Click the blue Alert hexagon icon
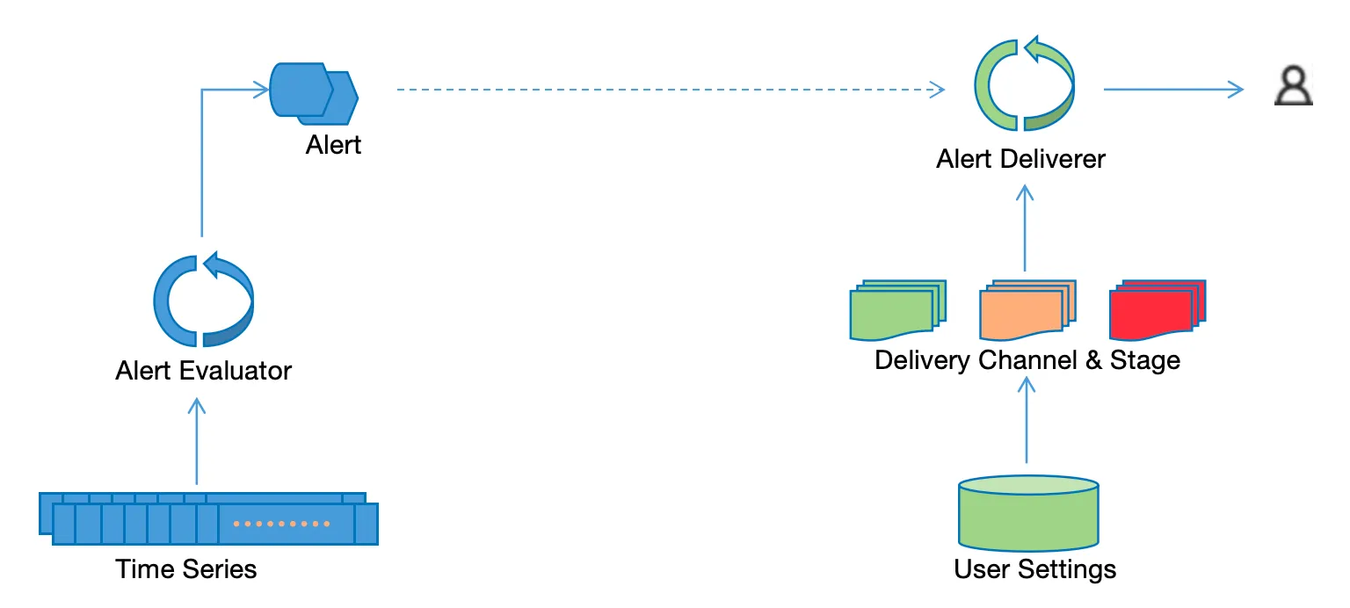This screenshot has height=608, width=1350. (314, 93)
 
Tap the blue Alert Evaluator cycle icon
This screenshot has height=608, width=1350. (162, 301)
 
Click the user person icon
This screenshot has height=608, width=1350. (1294, 85)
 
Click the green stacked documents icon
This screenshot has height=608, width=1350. (897, 310)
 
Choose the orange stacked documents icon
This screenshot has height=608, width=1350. (1027, 310)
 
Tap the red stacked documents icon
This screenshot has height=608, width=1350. (1158, 310)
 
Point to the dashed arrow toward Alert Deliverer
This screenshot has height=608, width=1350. (671, 90)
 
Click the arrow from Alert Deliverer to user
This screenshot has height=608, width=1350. (1173, 90)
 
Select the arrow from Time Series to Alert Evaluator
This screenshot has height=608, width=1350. (197, 441)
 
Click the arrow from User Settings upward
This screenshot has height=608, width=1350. (1027, 420)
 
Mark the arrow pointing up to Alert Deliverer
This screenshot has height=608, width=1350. (1025, 228)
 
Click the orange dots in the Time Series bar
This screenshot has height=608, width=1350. (281, 524)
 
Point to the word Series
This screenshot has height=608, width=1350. (220, 569)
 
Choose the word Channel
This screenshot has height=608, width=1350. (1027, 360)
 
